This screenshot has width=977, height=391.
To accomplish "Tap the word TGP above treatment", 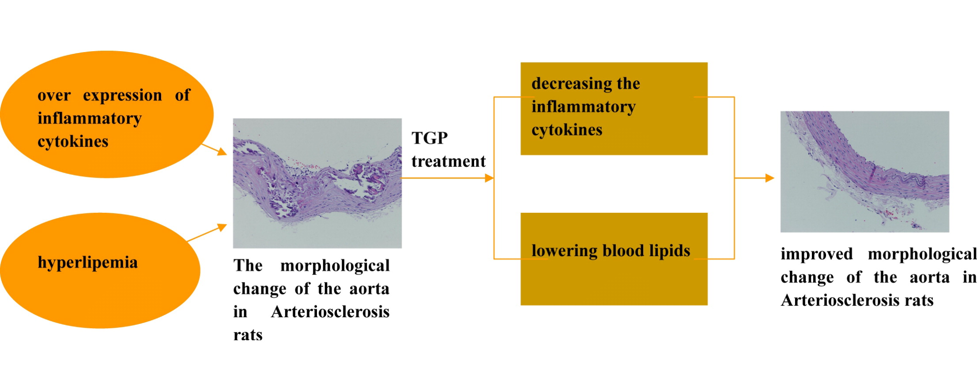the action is point(430,138).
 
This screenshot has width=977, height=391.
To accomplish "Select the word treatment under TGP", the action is point(449,162).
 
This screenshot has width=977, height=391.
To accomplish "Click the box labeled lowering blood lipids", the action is point(614,259).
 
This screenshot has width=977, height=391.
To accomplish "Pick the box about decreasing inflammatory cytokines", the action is point(614,109).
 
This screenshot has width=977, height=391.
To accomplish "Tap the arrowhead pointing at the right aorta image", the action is point(770,178).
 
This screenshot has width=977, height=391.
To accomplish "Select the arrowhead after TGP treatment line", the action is point(489,178).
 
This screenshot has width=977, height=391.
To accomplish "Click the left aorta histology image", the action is point(317,183).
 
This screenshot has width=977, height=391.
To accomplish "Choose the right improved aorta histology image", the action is point(865,172).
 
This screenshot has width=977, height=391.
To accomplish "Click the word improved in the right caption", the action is point(817,255).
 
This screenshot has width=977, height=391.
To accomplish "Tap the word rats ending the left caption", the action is point(248,335).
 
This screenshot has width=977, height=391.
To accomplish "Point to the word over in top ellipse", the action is point(54,96).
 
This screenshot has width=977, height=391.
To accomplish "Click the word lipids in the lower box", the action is point(669,251).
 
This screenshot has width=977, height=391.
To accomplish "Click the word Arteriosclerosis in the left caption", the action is point(330,312).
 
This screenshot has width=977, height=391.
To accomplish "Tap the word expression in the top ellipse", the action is point(122,96).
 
